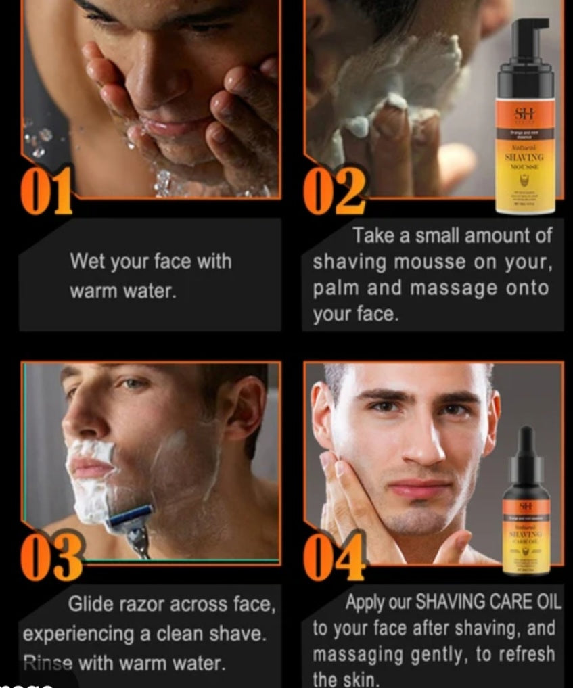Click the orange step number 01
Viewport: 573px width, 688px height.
[46, 191]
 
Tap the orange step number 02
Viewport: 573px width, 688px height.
[334, 191]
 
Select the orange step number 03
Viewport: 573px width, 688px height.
[51, 556]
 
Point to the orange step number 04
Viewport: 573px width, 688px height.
[334, 556]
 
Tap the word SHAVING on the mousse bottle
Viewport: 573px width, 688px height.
[524, 157]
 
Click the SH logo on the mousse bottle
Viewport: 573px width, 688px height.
[524, 113]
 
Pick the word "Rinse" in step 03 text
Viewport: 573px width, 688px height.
[48, 663]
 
